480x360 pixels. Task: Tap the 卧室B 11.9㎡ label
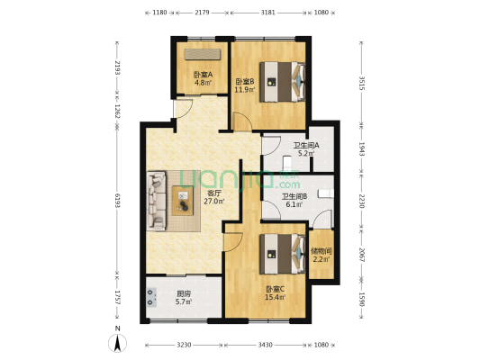click(x=245, y=85)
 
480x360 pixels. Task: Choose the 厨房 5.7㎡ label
click(x=183, y=298)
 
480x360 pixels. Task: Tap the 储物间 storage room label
click(x=322, y=255)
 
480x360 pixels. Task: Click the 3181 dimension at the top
click(x=268, y=13)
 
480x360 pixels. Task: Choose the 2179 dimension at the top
click(x=202, y=13)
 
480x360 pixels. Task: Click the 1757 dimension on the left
click(x=116, y=298)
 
